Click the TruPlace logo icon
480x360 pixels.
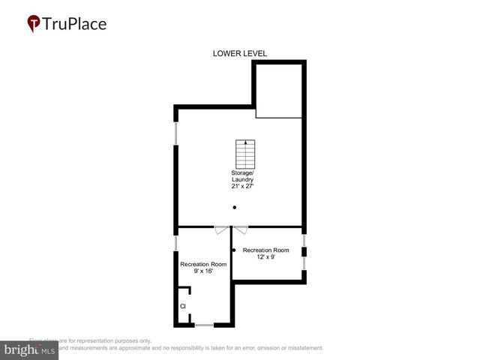[x=33, y=24]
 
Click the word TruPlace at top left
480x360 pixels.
[x=74, y=23]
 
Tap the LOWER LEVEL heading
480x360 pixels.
[x=240, y=53]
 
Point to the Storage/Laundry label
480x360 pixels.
[x=242, y=176]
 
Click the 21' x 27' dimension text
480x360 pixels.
[x=242, y=187]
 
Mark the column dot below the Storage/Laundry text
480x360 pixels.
[x=235, y=208]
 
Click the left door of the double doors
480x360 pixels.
[x=220, y=230]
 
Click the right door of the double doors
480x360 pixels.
[x=240, y=230]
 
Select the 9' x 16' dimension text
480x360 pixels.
[x=202, y=272]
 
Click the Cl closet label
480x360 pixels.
[x=182, y=306]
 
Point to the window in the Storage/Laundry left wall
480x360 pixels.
[x=176, y=133]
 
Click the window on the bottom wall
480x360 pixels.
[x=204, y=325]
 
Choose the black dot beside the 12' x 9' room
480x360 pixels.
[x=234, y=250]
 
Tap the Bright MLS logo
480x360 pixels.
[x=28, y=350]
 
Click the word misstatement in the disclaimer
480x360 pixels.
[x=301, y=348]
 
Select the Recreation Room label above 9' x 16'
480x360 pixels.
[x=202, y=264]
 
